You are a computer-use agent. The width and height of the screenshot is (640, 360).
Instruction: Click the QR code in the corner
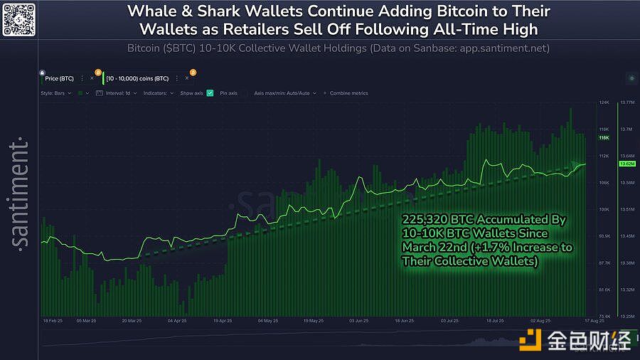(19, 19)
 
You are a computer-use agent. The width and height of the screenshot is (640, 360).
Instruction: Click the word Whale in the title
(151, 12)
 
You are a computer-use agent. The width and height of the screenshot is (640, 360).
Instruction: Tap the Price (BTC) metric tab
(60, 78)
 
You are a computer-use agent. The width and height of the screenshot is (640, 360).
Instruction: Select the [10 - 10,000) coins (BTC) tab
(137, 78)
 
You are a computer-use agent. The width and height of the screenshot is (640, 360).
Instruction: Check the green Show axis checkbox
(210, 93)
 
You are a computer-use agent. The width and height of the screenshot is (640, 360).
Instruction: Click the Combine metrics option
(348, 93)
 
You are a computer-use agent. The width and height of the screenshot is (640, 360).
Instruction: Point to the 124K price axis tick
(604, 102)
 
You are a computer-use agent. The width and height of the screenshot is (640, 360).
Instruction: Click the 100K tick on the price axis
(604, 209)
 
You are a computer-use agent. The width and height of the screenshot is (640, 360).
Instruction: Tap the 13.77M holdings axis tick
(626, 102)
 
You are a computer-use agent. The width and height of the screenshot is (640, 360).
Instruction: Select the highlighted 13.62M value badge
(626, 164)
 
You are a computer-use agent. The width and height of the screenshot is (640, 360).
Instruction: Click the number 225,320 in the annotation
(424, 219)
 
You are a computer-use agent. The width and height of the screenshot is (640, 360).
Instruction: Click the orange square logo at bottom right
(530, 341)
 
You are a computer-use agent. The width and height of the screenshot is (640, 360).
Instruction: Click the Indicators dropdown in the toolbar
(157, 93)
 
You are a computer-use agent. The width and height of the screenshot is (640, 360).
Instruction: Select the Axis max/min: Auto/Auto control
(282, 93)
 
